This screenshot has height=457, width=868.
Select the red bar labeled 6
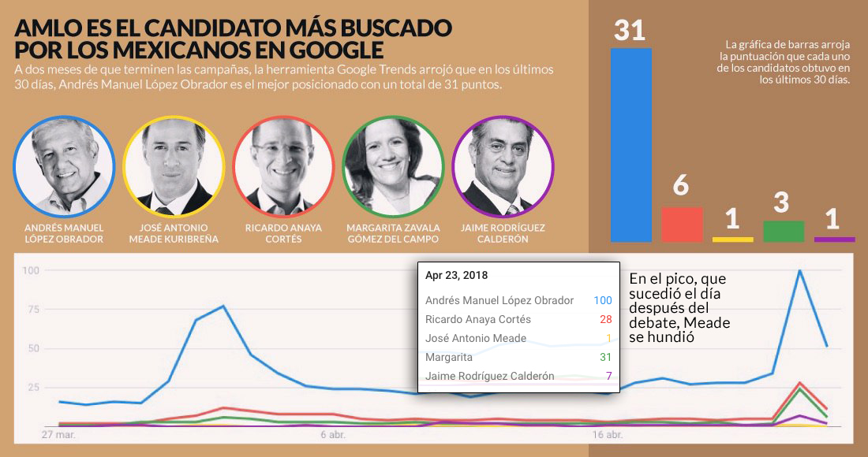tap(682, 225)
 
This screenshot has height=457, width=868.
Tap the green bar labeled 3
tap(784, 231)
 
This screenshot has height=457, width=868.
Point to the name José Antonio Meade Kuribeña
tap(174, 233)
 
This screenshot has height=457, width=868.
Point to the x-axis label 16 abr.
tap(607, 434)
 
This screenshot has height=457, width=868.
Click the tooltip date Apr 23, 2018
tap(456, 276)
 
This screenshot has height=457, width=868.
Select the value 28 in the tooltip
tap(605, 319)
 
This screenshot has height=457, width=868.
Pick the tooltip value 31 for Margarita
tap(605, 357)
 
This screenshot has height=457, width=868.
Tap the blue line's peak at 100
tap(799, 271)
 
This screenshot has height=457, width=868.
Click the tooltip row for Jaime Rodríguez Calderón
tap(489, 377)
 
